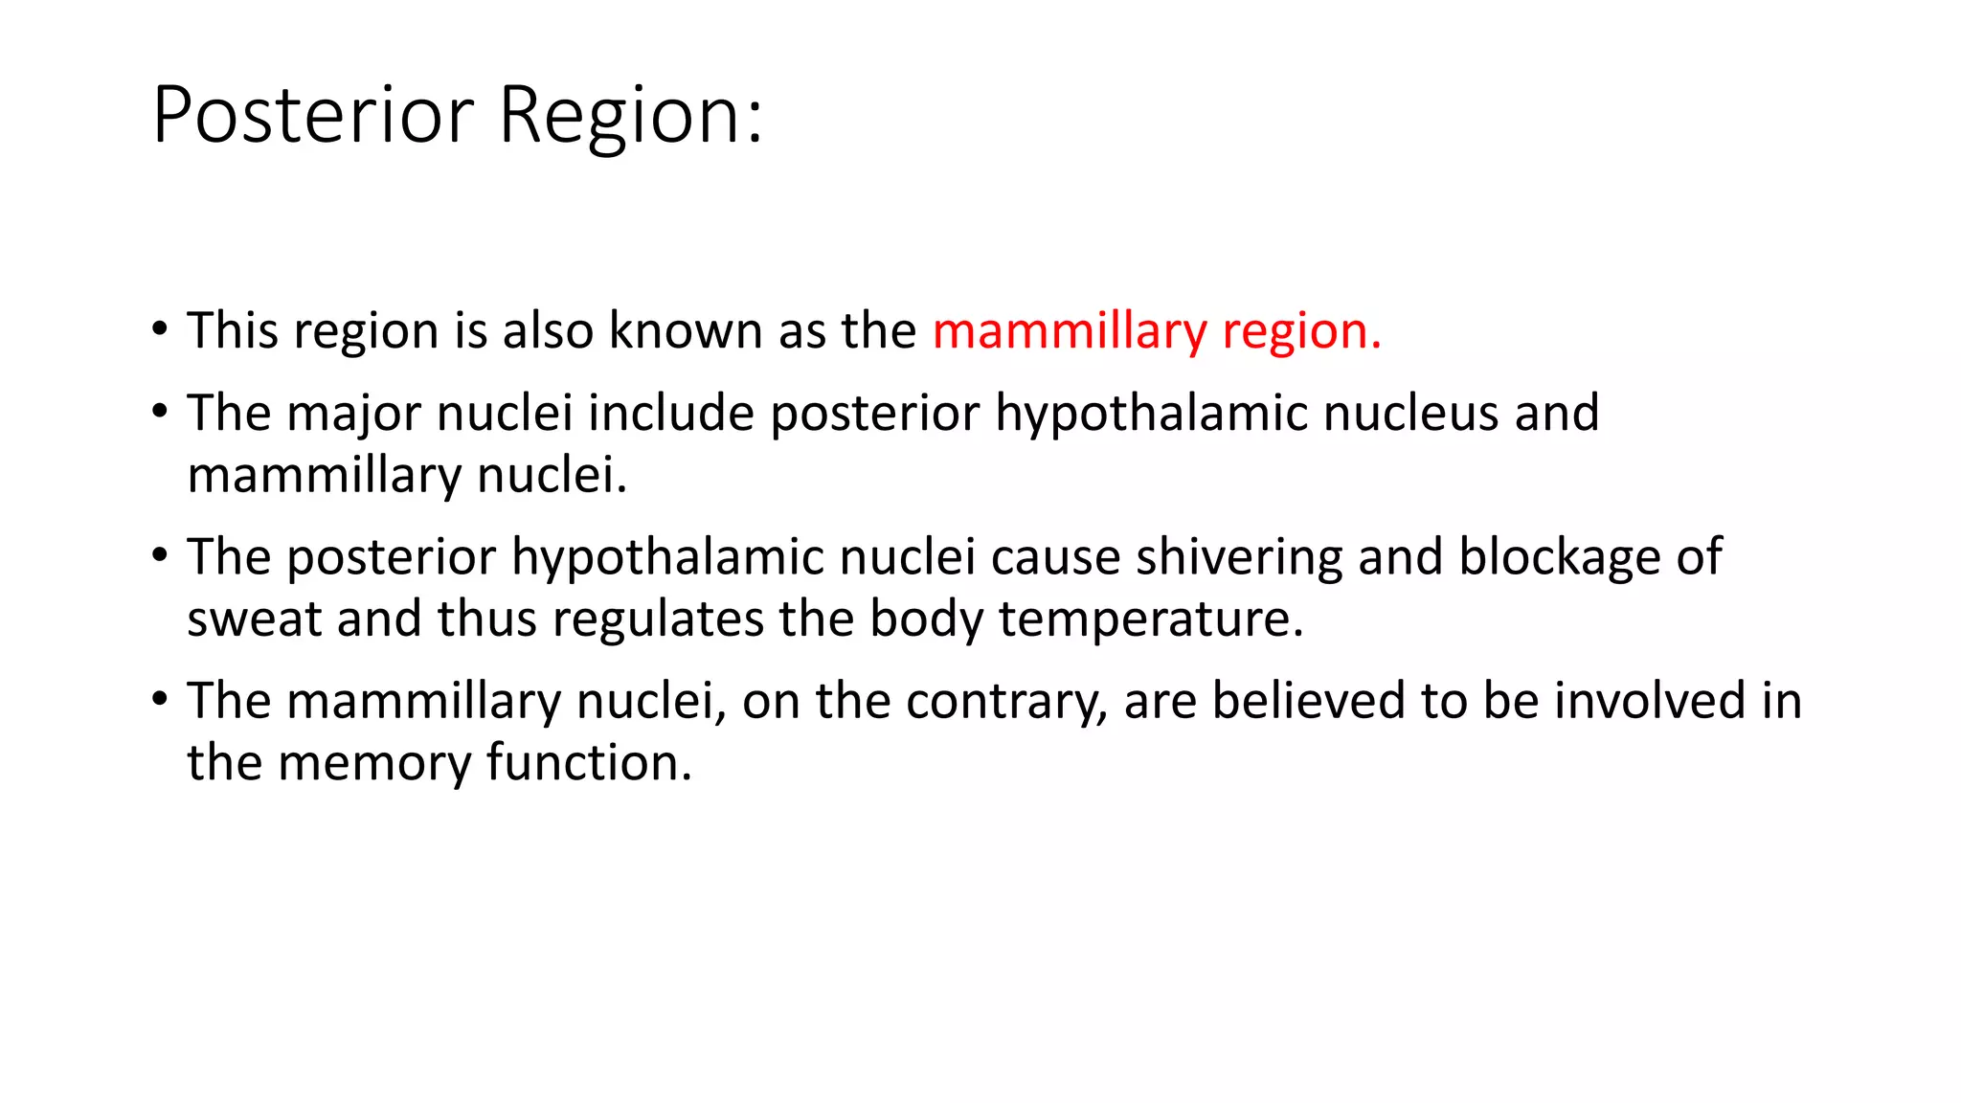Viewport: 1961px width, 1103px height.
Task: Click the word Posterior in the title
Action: pos(313,115)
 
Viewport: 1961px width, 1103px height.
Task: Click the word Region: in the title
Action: pos(631,115)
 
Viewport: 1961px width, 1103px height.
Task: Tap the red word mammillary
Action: pos(1070,331)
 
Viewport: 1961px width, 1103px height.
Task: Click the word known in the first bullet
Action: pos(687,331)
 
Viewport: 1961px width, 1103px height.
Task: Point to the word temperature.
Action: pos(1151,619)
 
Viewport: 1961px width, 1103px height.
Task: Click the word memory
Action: pos(374,763)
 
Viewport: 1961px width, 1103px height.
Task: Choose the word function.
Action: pos(589,763)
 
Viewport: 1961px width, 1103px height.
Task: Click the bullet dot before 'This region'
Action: pos(160,329)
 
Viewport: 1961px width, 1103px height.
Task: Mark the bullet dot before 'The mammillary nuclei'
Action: pos(160,699)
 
